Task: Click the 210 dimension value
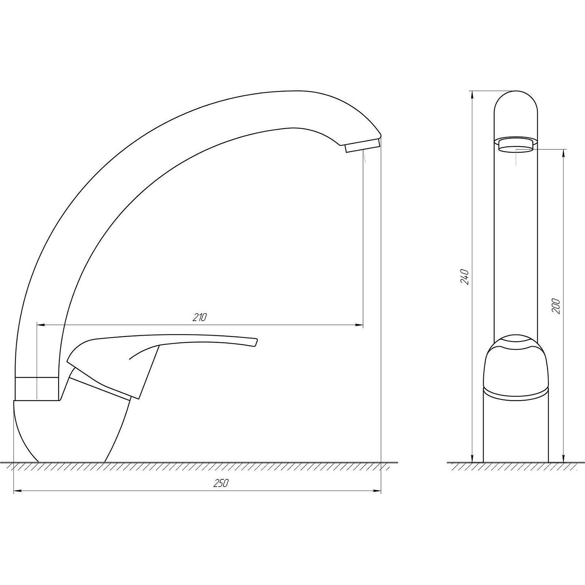(200, 317)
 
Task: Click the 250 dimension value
(220, 483)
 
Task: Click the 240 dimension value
(464, 277)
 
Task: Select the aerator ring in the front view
(516, 144)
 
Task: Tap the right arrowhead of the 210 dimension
(360, 325)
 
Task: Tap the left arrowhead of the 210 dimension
(41, 325)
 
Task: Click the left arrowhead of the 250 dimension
(17, 491)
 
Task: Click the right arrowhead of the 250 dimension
(378, 491)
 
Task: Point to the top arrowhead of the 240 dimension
(472, 94)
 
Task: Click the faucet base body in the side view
(73, 431)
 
